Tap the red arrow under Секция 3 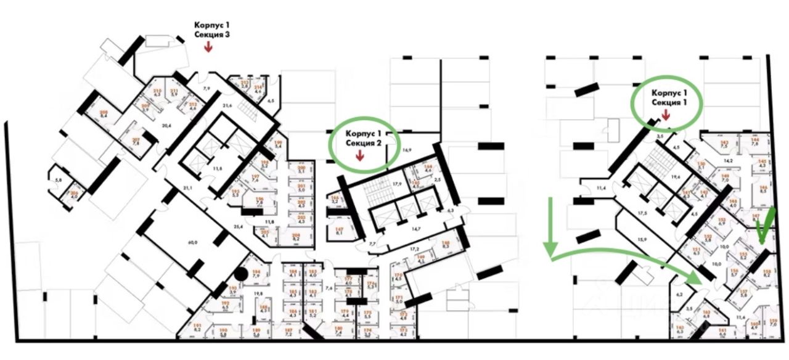[208, 47]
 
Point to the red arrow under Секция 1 [666, 114]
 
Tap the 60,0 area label [192, 243]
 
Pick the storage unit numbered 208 [103, 113]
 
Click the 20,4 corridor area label [165, 125]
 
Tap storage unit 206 [74, 195]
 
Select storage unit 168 [446, 245]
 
